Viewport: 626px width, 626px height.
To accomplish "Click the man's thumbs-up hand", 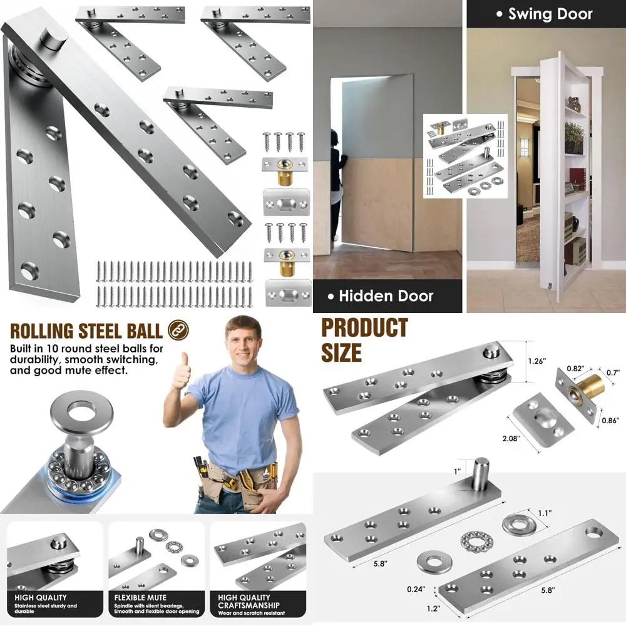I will coord(182,371).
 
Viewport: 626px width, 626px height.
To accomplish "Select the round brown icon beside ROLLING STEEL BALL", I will coord(178,330).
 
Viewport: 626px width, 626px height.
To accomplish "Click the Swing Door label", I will coord(544,14).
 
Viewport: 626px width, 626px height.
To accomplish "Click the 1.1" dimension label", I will coord(544,513).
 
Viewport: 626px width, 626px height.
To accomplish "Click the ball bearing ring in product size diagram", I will coord(474,540).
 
